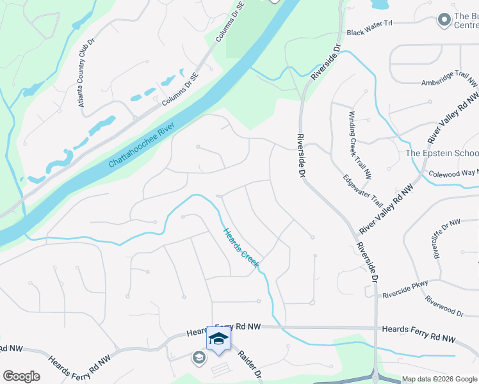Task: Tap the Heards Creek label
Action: click(240, 248)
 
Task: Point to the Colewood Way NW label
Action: click(453, 173)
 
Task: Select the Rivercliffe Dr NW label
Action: click(447, 238)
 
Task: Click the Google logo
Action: click(21, 376)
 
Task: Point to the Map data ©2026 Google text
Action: click(439, 378)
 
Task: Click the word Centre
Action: click(466, 26)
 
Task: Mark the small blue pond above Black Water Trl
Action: click(379, 4)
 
